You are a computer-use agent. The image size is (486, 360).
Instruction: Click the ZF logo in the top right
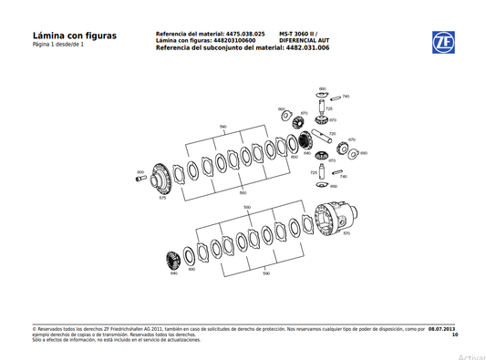coord(443,42)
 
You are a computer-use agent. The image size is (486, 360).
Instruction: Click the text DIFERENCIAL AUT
coord(304,40)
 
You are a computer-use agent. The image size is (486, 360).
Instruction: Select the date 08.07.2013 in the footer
coord(442,328)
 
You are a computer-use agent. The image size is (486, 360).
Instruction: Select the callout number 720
coord(332,134)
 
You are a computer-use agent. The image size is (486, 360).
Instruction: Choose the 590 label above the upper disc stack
coord(223,127)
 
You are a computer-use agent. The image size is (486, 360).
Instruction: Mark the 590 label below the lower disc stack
coord(265,273)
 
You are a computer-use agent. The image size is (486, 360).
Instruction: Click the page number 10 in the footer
coord(454,334)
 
